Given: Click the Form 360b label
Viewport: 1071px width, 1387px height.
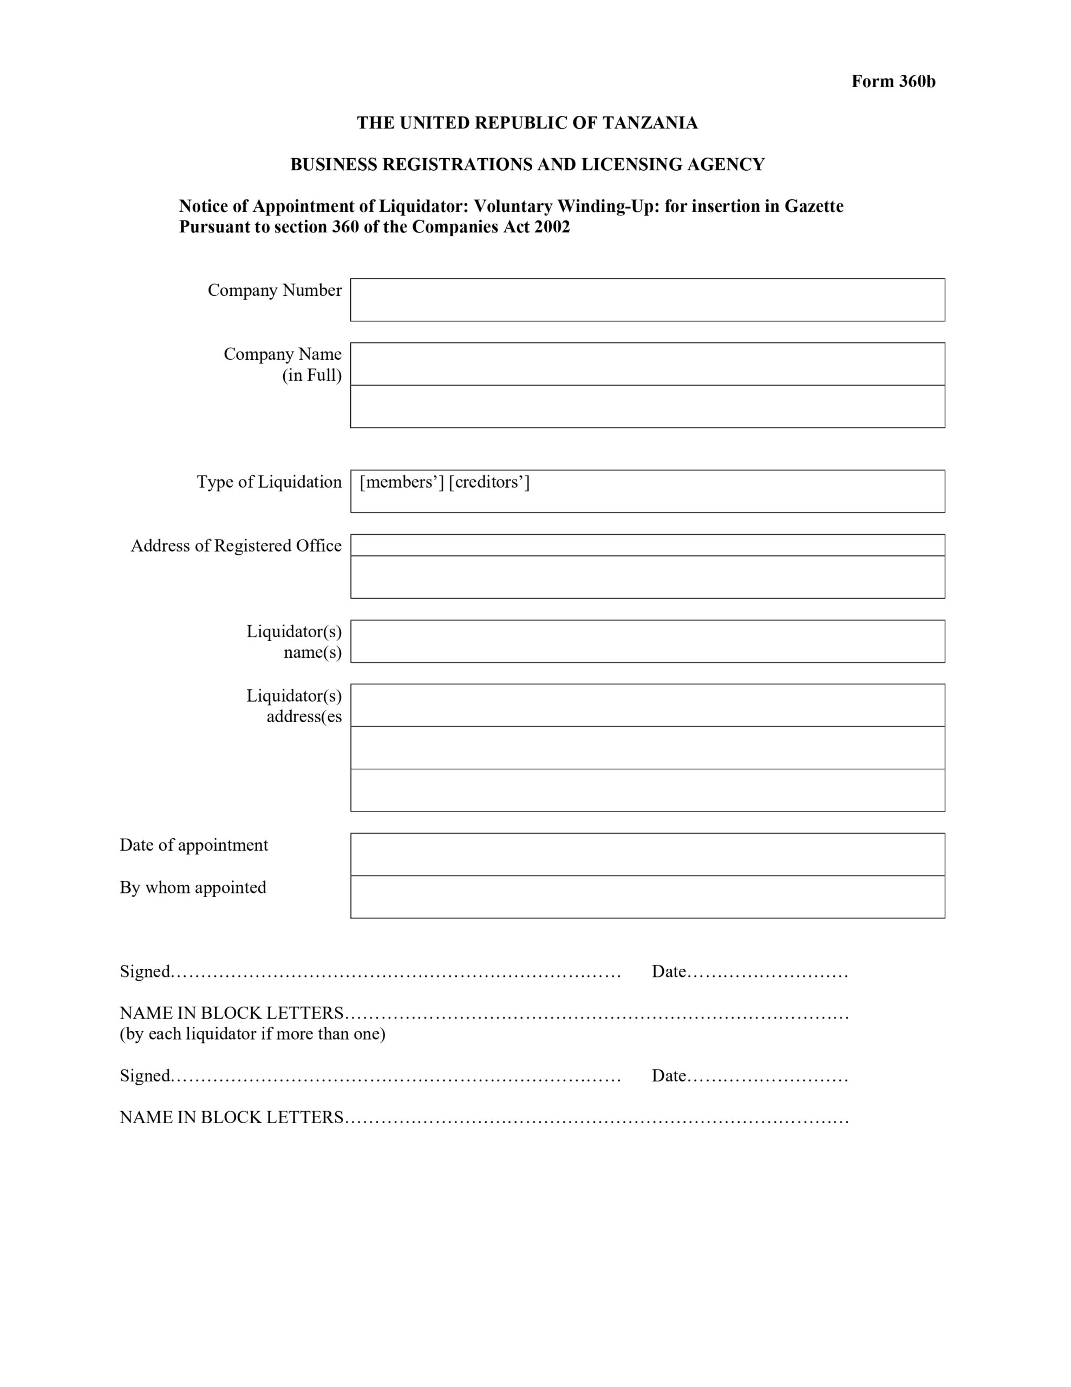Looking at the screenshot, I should (x=893, y=82).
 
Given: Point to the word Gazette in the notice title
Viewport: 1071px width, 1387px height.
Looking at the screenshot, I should (x=814, y=206).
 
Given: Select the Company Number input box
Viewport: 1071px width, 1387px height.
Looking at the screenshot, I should (x=647, y=300).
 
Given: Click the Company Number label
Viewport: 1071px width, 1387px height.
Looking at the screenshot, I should (x=275, y=290).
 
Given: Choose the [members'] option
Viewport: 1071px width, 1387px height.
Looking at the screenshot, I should (x=401, y=482).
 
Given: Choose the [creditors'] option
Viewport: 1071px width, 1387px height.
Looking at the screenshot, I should (x=489, y=482).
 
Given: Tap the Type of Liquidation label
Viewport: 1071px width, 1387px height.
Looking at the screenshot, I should (x=269, y=482).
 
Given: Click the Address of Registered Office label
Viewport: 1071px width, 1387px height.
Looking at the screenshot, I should (x=236, y=546).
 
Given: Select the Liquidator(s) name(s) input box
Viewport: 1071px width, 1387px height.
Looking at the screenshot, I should (x=647, y=641).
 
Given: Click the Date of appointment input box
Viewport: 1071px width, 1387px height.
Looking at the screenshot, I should (x=647, y=854).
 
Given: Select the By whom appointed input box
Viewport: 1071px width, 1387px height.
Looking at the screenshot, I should (x=647, y=897).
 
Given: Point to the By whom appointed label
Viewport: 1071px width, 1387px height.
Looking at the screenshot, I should (x=193, y=887).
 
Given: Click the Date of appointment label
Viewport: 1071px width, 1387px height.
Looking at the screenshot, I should (x=194, y=845).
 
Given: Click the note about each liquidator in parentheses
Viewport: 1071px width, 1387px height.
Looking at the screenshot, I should (x=252, y=1034).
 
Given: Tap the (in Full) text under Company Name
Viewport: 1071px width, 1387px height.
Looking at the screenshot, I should (x=312, y=375).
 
